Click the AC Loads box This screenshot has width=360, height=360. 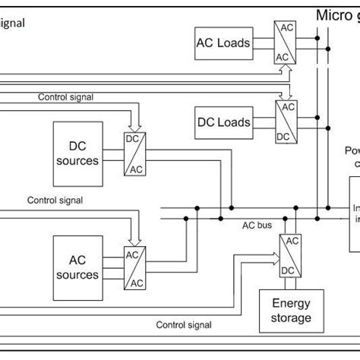pyautogui.click(x=223, y=43)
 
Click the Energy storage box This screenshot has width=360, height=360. pyautogui.click(x=286, y=310)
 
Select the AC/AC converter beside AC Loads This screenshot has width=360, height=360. pyautogui.click(x=281, y=43)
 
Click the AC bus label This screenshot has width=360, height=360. pyautogui.click(x=256, y=226)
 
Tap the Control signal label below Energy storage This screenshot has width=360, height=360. pyautogui.click(x=184, y=325)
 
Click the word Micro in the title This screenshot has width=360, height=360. pyautogui.click(x=331, y=15)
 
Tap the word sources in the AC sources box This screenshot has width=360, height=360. pyautogui.click(x=77, y=274)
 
